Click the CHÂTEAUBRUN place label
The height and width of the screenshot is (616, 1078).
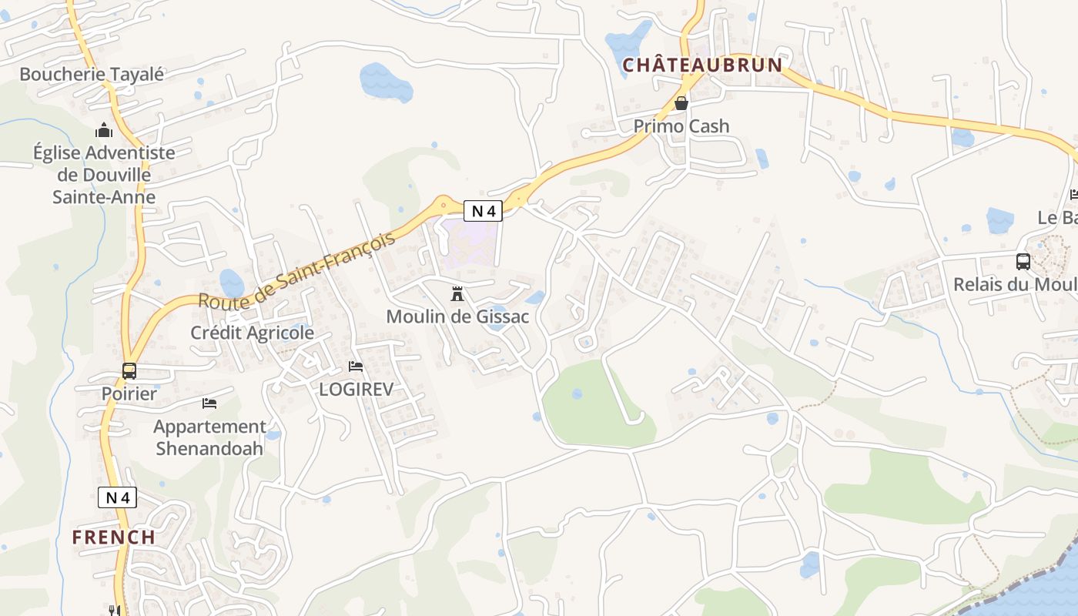[x=701, y=65]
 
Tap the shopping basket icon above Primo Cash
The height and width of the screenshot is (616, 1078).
[x=681, y=102]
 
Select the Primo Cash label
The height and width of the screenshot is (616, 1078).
[x=681, y=126]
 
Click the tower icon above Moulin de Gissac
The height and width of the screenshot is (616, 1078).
[x=457, y=293]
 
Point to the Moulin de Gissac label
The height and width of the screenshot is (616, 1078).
[x=457, y=316]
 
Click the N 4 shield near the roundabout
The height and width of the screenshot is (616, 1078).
[x=484, y=210]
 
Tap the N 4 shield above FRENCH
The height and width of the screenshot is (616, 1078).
[x=118, y=497]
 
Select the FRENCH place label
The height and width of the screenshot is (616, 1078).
[x=114, y=537]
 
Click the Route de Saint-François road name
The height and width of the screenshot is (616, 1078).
[x=297, y=269]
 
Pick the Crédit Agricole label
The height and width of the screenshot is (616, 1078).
[x=253, y=333]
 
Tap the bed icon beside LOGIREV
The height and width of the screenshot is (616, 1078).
[x=355, y=367]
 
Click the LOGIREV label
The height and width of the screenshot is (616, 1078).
[x=356, y=390]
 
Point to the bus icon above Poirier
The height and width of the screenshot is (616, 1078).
[x=129, y=370]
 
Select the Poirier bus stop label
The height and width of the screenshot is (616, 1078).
[x=129, y=393]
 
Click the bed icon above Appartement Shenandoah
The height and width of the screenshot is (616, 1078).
[x=209, y=403]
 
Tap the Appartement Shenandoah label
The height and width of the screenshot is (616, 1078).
[x=209, y=437]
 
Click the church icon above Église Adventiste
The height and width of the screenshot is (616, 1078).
[x=104, y=130]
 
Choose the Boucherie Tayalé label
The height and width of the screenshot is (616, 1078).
[x=92, y=75]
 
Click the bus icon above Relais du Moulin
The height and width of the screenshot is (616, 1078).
[x=1023, y=261]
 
